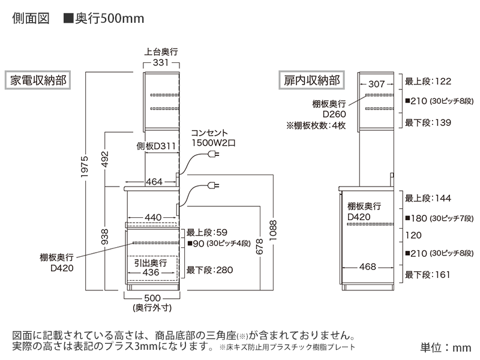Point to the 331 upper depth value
pyautogui.click(x=160, y=62)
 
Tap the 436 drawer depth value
pyautogui.click(x=152, y=272)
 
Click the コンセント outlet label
pyautogui.click(x=210, y=134)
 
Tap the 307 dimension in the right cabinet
pyautogui.click(x=376, y=84)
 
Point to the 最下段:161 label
pyautogui.click(x=428, y=275)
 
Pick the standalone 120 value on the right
pyautogui.click(x=413, y=235)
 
